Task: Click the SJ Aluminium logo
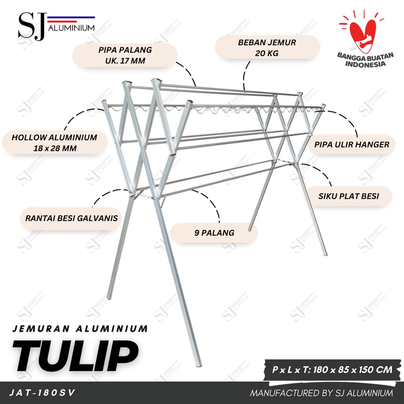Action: (56, 26)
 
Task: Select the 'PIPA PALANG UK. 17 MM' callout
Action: (125, 55)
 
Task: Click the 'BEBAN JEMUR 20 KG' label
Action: (267, 48)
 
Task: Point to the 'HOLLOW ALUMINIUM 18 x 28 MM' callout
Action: (54, 142)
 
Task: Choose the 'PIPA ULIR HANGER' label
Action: (352, 144)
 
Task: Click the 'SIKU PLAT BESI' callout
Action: (348, 196)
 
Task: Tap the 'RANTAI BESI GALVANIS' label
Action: (71, 218)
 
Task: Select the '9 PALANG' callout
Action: (214, 233)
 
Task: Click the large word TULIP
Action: (75, 355)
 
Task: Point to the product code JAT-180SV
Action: (42, 393)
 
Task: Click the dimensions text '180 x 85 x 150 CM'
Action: (352, 370)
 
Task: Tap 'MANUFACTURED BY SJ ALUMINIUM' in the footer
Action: (321, 393)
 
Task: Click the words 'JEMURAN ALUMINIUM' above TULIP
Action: (80, 329)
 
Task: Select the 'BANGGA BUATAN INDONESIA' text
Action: (365, 60)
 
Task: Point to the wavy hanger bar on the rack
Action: (214, 110)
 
